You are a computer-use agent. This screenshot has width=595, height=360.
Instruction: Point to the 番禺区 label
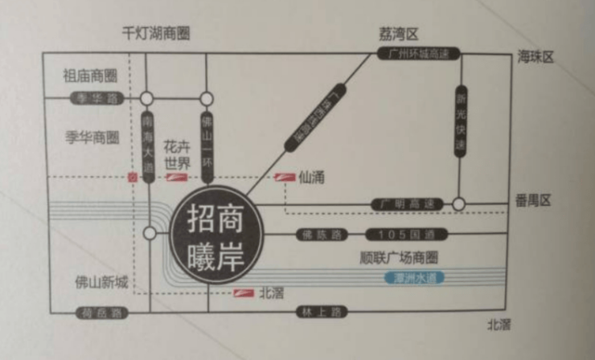click(535, 201)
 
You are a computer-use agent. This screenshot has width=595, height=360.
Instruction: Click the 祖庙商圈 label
click(90, 76)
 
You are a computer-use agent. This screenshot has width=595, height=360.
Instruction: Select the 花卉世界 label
click(178, 156)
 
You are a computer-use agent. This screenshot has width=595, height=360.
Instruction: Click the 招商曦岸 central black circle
click(217, 233)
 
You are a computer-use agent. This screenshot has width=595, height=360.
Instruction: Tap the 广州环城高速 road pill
click(418, 55)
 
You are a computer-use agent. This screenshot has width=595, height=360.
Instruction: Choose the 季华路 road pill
click(92, 98)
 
